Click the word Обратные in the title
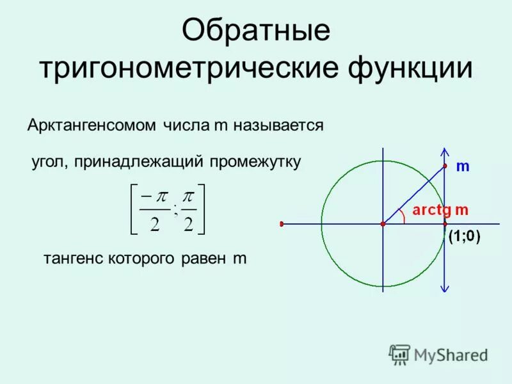(x=256, y=31)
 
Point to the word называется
(x=278, y=125)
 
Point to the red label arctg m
(x=440, y=209)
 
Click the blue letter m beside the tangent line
(x=463, y=167)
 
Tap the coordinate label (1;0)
(x=465, y=236)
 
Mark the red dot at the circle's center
(x=383, y=224)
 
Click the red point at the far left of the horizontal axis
(x=281, y=224)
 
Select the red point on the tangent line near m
(x=445, y=166)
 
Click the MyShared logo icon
(x=400, y=354)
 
